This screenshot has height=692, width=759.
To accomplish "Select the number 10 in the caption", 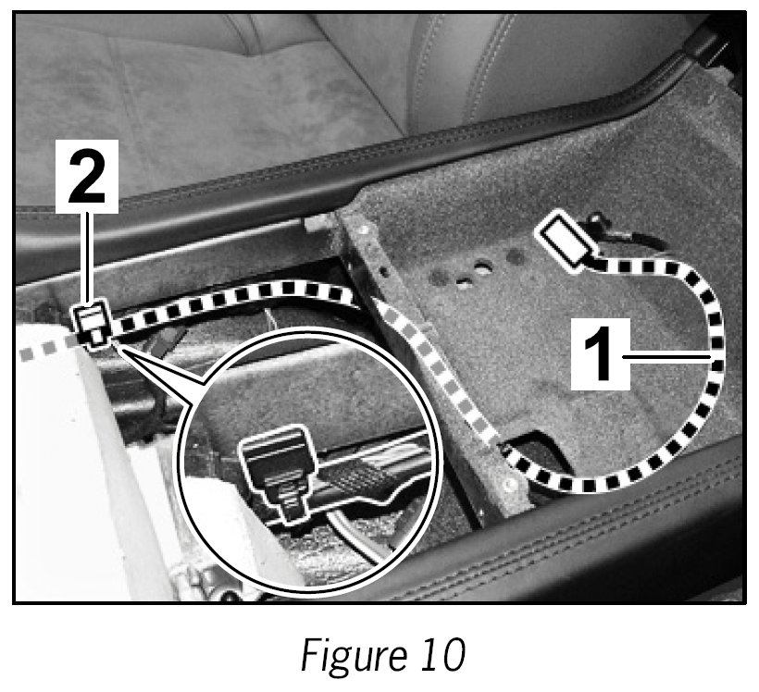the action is tap(437, 655).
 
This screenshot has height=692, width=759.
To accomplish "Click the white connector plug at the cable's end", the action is tap(566, 239).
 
